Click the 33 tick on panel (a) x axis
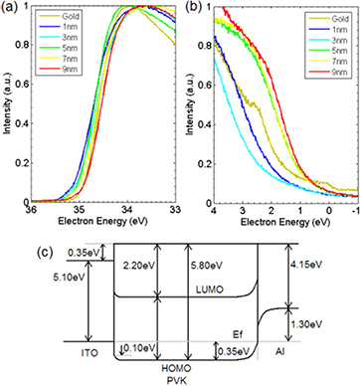click(x=170, y=210)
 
